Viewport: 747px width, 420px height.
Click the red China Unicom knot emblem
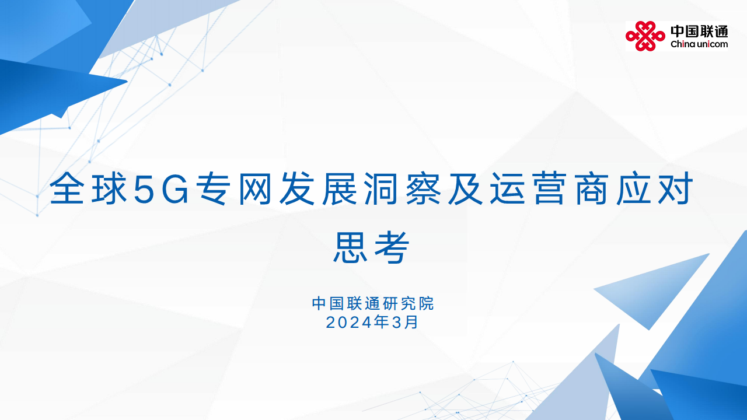pos(645,36)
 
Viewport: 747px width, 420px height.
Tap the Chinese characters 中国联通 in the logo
pos(699,31)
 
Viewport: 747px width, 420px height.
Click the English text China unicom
pos(699,44)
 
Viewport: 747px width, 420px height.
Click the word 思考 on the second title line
pos(372,247)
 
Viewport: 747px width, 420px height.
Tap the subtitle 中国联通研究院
pos(373,304)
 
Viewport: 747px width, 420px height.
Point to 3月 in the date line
pos(406,322)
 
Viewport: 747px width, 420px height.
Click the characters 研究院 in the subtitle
pos(414,304)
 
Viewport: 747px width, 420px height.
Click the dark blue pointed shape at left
pos(58,87)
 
